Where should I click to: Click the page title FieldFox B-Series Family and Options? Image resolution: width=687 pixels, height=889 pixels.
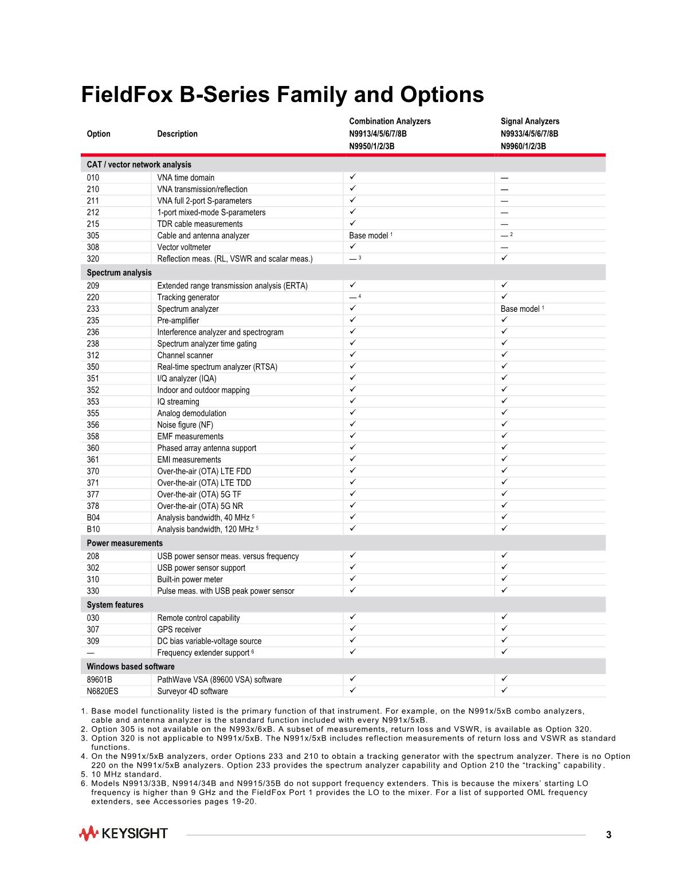[282, 95]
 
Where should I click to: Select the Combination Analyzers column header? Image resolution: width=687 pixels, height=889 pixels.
[390, 122]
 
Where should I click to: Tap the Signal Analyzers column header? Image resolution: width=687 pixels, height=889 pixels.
[529, 122]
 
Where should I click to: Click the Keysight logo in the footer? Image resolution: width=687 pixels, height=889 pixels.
[124, 833]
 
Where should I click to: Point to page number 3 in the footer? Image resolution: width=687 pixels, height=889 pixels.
[609, 835]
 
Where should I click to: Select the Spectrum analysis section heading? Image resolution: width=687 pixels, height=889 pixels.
[119, 273]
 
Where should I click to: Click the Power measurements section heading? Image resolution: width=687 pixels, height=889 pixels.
[124, 543]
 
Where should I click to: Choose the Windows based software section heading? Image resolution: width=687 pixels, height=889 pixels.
[131, 667]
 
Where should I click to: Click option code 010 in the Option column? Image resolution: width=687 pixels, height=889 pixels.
[93, 178]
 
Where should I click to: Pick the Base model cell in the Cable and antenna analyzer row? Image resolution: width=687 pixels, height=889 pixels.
[370, 236]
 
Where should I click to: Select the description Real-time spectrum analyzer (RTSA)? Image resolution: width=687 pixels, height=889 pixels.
[217, 367]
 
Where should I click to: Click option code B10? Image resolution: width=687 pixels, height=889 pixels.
[93, 529]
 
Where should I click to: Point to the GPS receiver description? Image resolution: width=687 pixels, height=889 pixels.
[179, 629]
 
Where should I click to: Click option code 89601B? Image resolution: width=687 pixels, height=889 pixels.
[100, 680]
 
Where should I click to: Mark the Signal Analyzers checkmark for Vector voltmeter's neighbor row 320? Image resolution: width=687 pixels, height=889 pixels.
[504, 258]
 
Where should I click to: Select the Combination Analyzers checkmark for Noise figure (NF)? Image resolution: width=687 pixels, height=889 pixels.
[353, 424]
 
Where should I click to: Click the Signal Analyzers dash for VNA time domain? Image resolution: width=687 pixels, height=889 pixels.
[504, 178]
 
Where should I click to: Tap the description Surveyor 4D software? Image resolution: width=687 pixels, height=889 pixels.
[192, 691]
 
